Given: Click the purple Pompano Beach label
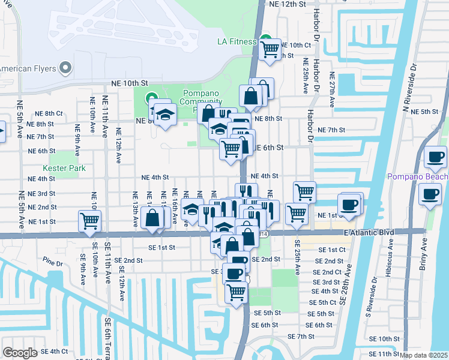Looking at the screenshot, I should pyautogui.click(x=417, y=176).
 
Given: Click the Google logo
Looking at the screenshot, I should pyautogui.click(x=19, y=353).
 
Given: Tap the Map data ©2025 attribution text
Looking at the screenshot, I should pyautogui.click(x=423, y=355).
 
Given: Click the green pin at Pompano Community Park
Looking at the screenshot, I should pyautogui.click(x=151, y=97).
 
